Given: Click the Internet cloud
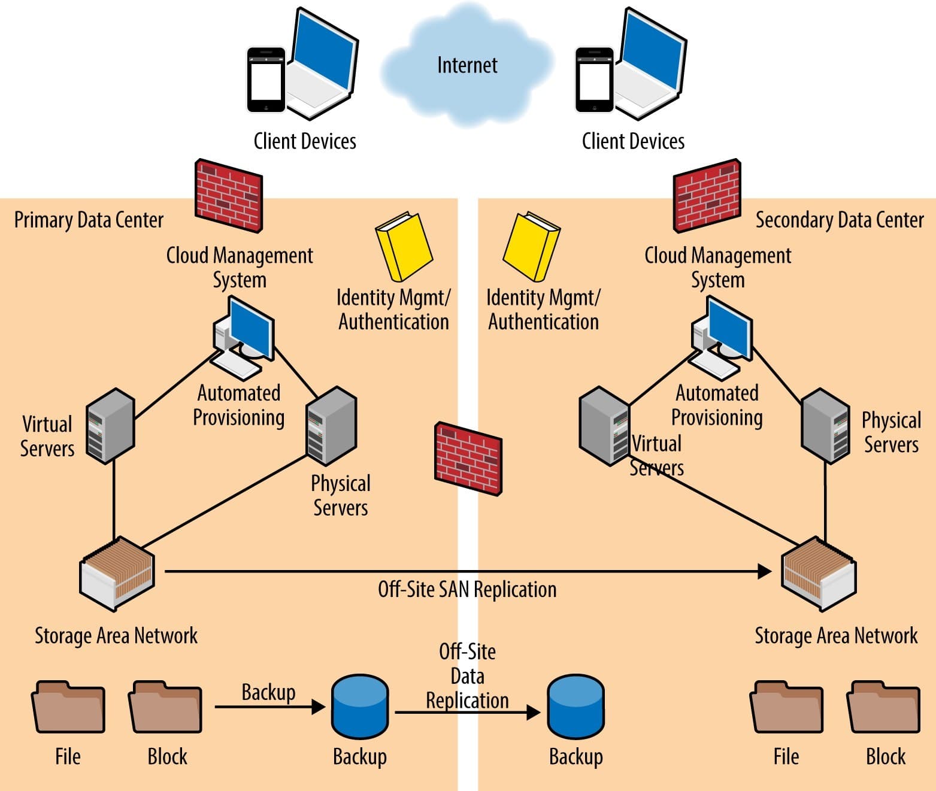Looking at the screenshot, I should tap(467, 66).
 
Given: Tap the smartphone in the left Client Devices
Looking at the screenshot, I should tap(266, 80).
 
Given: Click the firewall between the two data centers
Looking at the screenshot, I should tap(468, 459).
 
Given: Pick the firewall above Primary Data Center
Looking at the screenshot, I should tap(229, 195).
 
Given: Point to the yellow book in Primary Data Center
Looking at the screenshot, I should tap(403, 246).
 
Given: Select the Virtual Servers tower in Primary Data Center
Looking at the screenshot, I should tap(110, 426).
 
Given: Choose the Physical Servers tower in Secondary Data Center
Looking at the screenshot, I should tap(825, 426).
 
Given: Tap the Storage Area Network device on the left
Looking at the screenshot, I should tap(117, 573).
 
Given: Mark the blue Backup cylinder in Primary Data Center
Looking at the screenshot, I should tap(360, 707).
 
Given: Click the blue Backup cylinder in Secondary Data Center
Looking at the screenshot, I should tap(575, 707).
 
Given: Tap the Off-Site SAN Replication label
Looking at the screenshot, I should tap(467, 590).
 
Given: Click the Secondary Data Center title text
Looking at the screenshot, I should tap(839, 220).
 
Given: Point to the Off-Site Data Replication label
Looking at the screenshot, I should tap(467, 676).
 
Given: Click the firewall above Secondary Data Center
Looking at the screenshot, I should tap(707, 195).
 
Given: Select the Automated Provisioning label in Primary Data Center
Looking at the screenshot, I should tap(238, 405).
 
